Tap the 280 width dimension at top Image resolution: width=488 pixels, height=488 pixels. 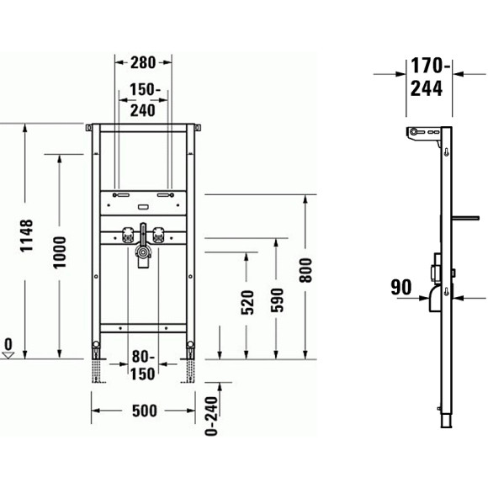pos(144,62)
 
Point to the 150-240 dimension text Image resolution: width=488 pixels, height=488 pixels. pos(144,99)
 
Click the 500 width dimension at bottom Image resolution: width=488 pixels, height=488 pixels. pos(145,411)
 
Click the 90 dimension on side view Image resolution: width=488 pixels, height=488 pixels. pos(401,288)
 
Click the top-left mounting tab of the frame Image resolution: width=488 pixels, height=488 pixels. pos(88,128)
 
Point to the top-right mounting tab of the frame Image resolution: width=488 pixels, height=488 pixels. pos(199,128)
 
